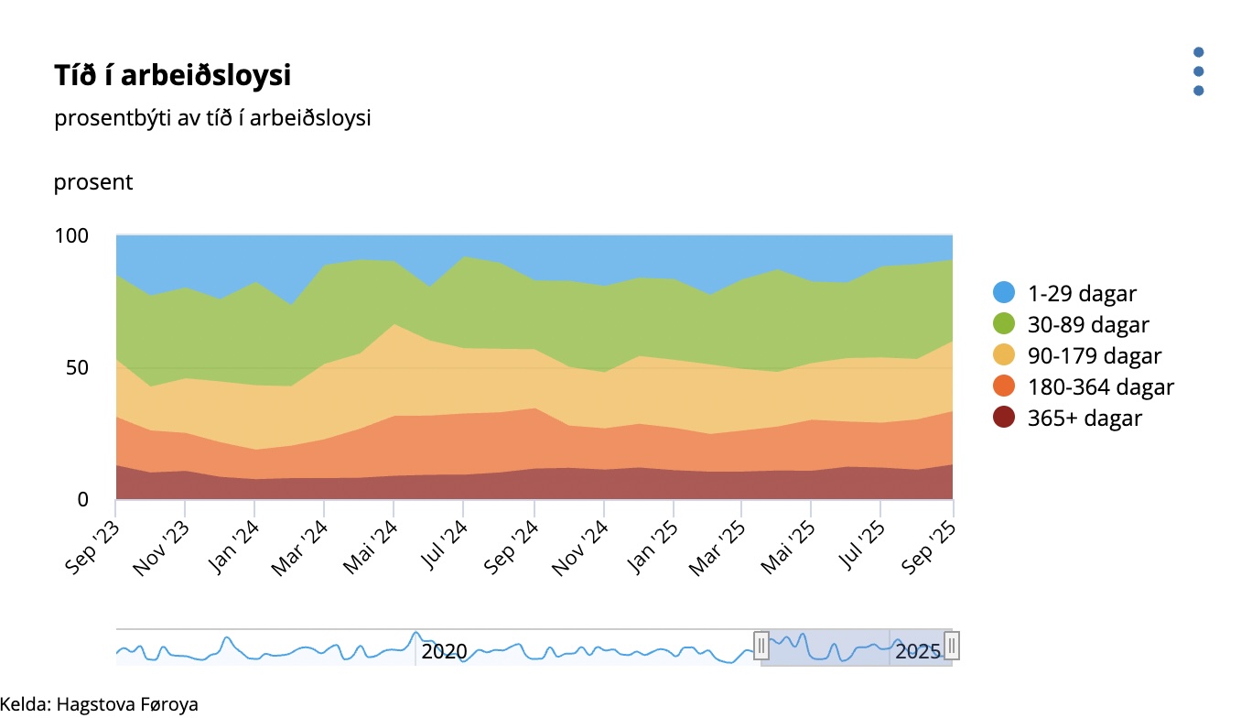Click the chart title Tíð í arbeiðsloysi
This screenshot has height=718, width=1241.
pos(172,76)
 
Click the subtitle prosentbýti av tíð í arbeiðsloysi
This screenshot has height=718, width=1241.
pos(212,119)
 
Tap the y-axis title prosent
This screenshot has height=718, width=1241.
pos(93,182)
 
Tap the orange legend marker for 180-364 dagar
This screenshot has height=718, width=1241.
pos(1005,387)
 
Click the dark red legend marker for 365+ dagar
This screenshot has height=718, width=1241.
pos(1005,419)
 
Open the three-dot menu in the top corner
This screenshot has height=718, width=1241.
pos(1198,71)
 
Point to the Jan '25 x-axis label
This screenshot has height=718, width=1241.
pos(652,548)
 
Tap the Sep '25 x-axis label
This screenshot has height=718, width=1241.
pos(931,548)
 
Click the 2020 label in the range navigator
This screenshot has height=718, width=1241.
pos(445,651)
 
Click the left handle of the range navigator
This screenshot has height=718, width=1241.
pos(761,647)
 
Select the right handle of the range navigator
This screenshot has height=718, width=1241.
pos(952,647)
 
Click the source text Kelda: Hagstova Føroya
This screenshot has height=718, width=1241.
pos(99,704)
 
